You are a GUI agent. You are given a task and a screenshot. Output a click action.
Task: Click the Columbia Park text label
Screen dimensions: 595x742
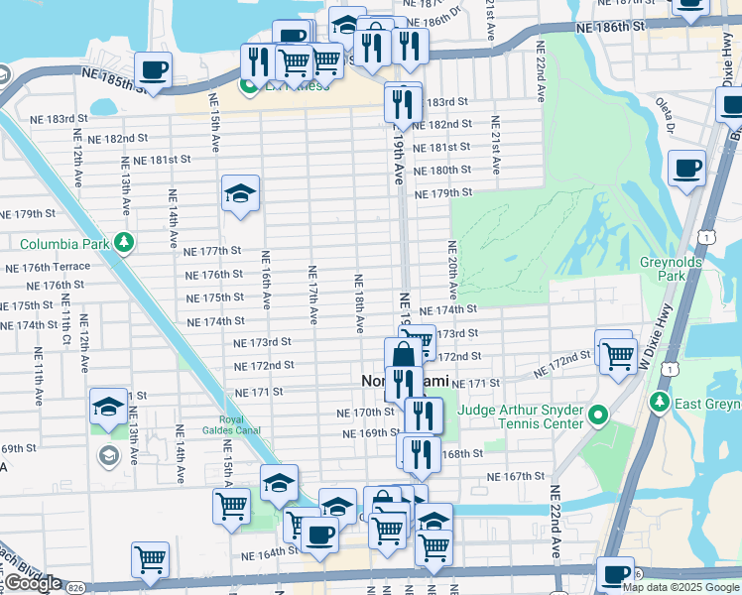coord(64,243)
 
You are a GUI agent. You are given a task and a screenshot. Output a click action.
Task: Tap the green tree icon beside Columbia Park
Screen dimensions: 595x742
coord(123,242)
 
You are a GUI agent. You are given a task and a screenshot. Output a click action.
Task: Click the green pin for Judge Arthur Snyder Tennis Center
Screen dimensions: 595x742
coord(597,415)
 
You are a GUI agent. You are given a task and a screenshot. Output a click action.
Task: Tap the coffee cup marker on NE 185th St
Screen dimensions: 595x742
coord(154,70)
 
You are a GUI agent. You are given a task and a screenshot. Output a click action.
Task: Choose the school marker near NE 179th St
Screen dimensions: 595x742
coord(239,193)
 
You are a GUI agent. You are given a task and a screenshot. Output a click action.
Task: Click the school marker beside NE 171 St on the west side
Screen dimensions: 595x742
coord(108,407)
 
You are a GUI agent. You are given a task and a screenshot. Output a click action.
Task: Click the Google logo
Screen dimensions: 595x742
coord(32,583)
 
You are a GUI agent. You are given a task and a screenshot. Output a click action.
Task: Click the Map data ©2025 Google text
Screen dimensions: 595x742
coord(680,587)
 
